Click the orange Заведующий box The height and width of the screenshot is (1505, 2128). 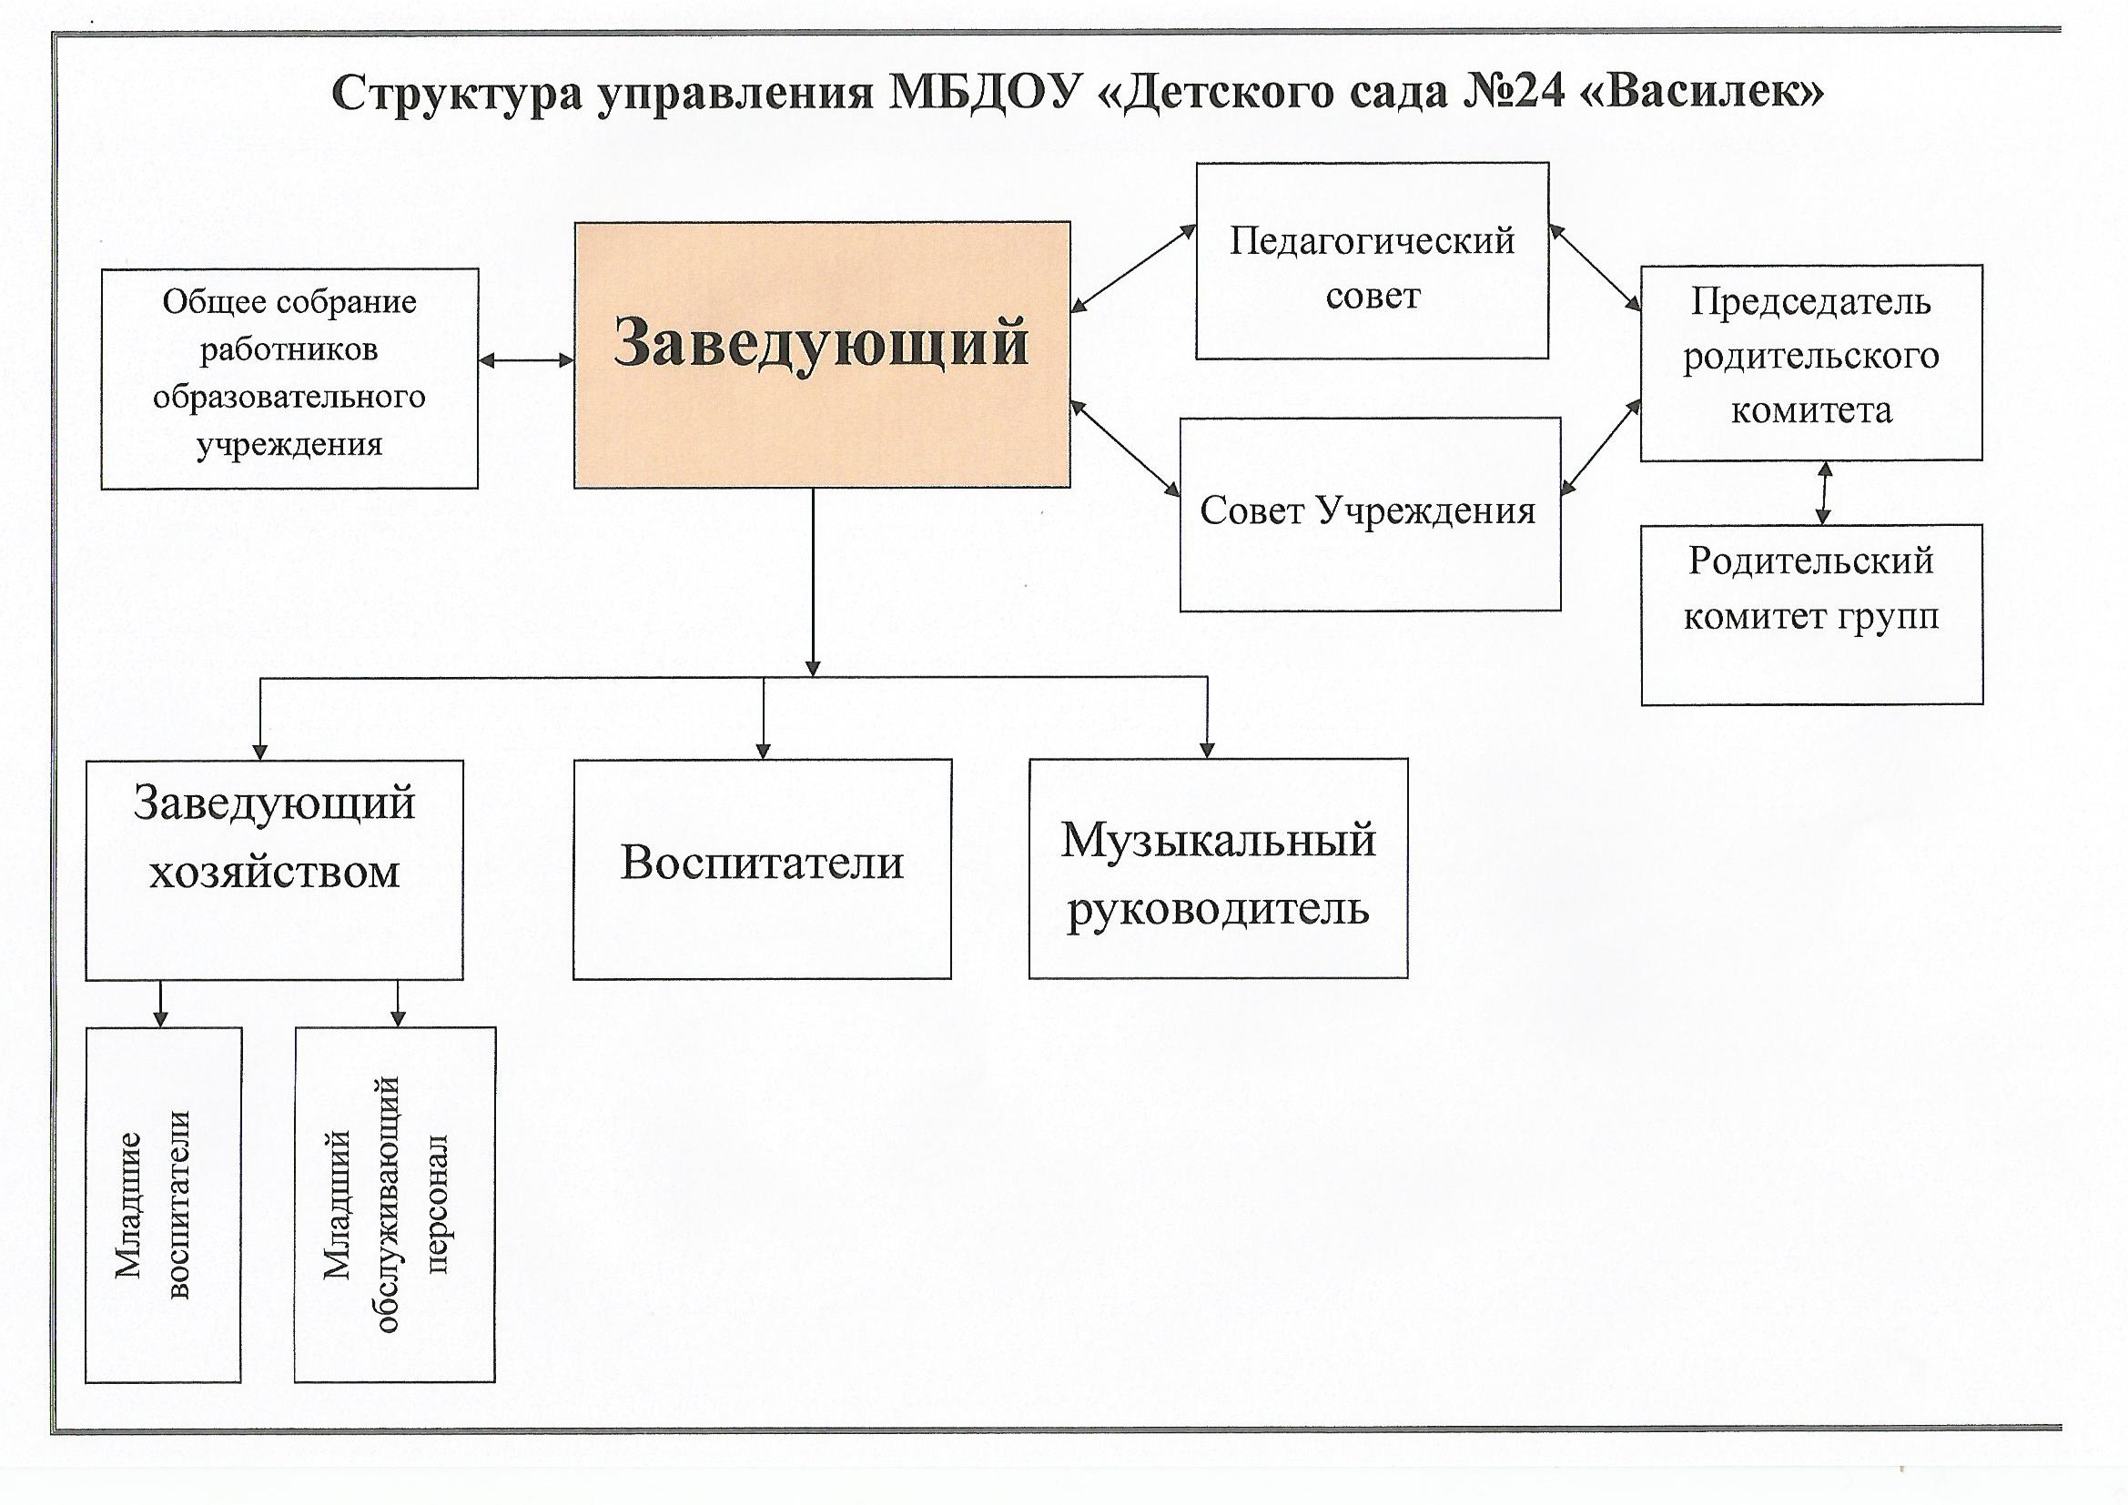pos(822,354)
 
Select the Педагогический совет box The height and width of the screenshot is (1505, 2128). pos(1372,260)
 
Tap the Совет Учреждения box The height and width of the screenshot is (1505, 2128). pos(1370,514)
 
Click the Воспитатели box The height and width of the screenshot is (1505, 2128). pos(762,869)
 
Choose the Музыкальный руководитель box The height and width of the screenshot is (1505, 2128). pos(1218,868)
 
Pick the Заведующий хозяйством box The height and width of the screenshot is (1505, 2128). pos(274,870)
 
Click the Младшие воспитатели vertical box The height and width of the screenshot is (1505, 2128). pos(163,1205)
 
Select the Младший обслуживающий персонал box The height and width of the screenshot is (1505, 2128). pos(395,1205)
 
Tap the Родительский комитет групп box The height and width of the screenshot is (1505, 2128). pos(1812,615)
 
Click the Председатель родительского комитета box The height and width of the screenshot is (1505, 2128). pos(1811,362)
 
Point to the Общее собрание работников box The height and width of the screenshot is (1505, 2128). pos(289,379)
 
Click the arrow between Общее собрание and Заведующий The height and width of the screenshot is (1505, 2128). pos(526,361)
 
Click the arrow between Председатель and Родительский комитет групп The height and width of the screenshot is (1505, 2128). pos(1824,493)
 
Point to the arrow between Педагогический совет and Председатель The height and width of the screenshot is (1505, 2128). pos(1595,266)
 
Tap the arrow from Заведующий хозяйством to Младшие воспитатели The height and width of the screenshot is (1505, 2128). pos(161,1004)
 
